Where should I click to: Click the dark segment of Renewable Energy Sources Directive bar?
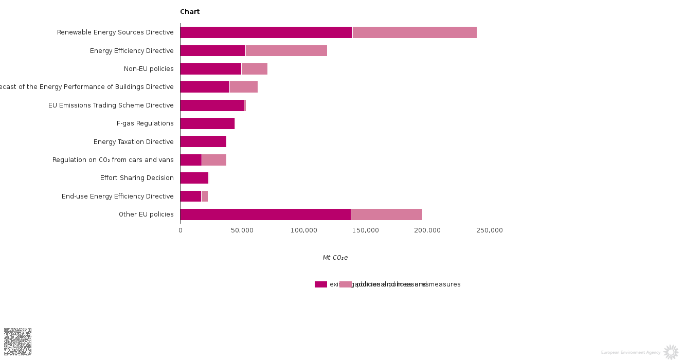tap(266, 32)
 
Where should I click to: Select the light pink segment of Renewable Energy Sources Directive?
tap(415, 32)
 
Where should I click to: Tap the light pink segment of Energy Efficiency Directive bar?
tap(286, 50)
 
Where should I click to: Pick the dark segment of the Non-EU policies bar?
tap(210, 69)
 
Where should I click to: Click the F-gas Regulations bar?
tap(207, 123)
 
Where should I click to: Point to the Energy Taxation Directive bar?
tap(203, 141)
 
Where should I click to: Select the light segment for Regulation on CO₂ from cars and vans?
tap(214, 160)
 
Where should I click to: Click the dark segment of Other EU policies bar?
tap(265, 214)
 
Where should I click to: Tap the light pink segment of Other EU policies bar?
tap(386, 214)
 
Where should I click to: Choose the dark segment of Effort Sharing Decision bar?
tap(194, 178)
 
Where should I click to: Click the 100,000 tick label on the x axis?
tap(304, 230)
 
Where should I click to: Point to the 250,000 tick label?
tap(489, 230)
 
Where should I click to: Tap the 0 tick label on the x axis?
tap(181, 230)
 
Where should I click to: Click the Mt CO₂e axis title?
tap(335, 258)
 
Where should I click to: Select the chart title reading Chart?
tap(190, 12)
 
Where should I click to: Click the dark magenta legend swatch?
tap(321, 284)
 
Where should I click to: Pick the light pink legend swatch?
tap(346, 284)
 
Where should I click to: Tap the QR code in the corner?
tap(17, 341)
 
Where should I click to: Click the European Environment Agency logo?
tap(671, 352)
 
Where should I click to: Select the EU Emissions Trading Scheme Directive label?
tap(111, 105)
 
